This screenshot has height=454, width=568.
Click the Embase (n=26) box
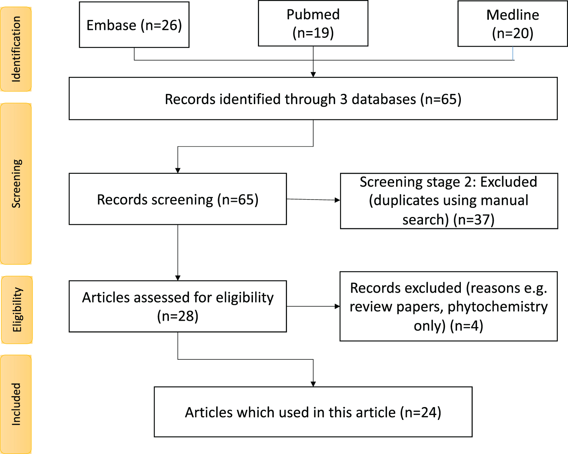(134, 25)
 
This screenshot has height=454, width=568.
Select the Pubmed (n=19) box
(313, 23)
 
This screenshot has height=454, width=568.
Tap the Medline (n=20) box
(513, 23)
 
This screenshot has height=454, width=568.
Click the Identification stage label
(16, 49)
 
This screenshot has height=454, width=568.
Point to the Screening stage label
(16, 184)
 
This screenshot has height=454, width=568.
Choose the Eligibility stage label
(17, 310)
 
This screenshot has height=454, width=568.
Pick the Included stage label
(16, 404)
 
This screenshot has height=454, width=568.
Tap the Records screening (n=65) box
(178, 199)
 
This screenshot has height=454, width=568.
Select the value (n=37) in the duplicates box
(474, 220)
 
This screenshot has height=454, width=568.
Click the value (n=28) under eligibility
(178, 316)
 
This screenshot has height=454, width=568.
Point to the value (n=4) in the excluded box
(467, 326)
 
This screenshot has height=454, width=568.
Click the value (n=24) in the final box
(421, 413)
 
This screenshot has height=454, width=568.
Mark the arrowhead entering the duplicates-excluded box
(337, 200)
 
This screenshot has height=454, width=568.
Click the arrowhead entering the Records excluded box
(337, 306)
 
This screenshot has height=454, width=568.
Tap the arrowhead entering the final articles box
(313, 384)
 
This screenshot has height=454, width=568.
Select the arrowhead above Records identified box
(313, 75)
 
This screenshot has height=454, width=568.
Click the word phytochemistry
(498, 307)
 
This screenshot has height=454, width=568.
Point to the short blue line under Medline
(513, 54)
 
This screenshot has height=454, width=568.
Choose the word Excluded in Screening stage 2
(509, 182)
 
